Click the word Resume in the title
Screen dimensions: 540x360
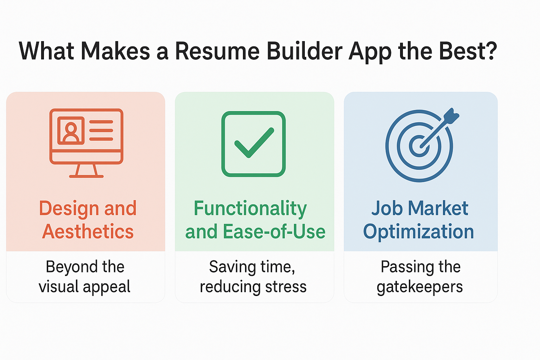click(217, 51)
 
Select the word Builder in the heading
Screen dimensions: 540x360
click(304, 51)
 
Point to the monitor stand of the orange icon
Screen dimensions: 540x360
click(86, 171)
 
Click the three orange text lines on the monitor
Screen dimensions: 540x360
click(101, 130)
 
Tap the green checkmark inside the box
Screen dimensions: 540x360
click(254, 143)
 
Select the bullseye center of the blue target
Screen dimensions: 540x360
click(419, 146)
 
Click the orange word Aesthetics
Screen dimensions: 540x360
click(88, 231)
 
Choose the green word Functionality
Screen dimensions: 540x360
click(250, 209)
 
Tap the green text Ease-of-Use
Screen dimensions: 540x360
click(274, 231)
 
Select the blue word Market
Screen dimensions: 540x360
click(438, 208)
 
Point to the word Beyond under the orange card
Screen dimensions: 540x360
click(72, 267)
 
